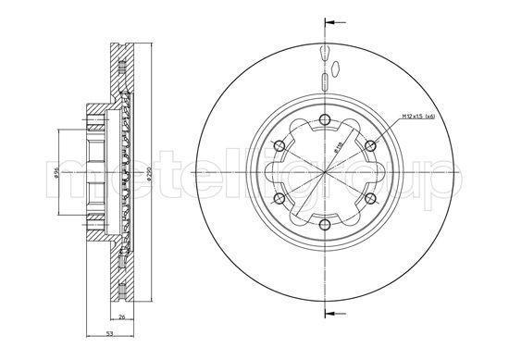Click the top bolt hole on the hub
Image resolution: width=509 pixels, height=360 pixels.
327,118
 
